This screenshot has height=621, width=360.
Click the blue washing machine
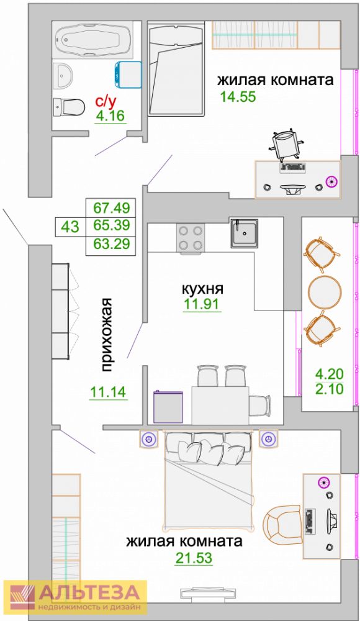pos(128,75)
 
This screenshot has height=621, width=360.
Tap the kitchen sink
pos(245,233)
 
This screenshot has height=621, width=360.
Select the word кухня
pos(202,289)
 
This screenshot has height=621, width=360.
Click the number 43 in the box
pos(71,227)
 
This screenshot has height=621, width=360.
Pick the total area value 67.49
pos(112,207)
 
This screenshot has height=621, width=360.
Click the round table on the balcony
pos(325,292)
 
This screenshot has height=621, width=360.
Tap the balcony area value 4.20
pos(330,374)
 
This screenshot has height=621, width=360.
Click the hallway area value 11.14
pos(108,392)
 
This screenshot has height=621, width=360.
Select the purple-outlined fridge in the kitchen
pos(168,407)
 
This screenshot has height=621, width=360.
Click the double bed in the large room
pos(209,481)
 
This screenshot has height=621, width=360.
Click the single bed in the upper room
pos(176,68)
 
